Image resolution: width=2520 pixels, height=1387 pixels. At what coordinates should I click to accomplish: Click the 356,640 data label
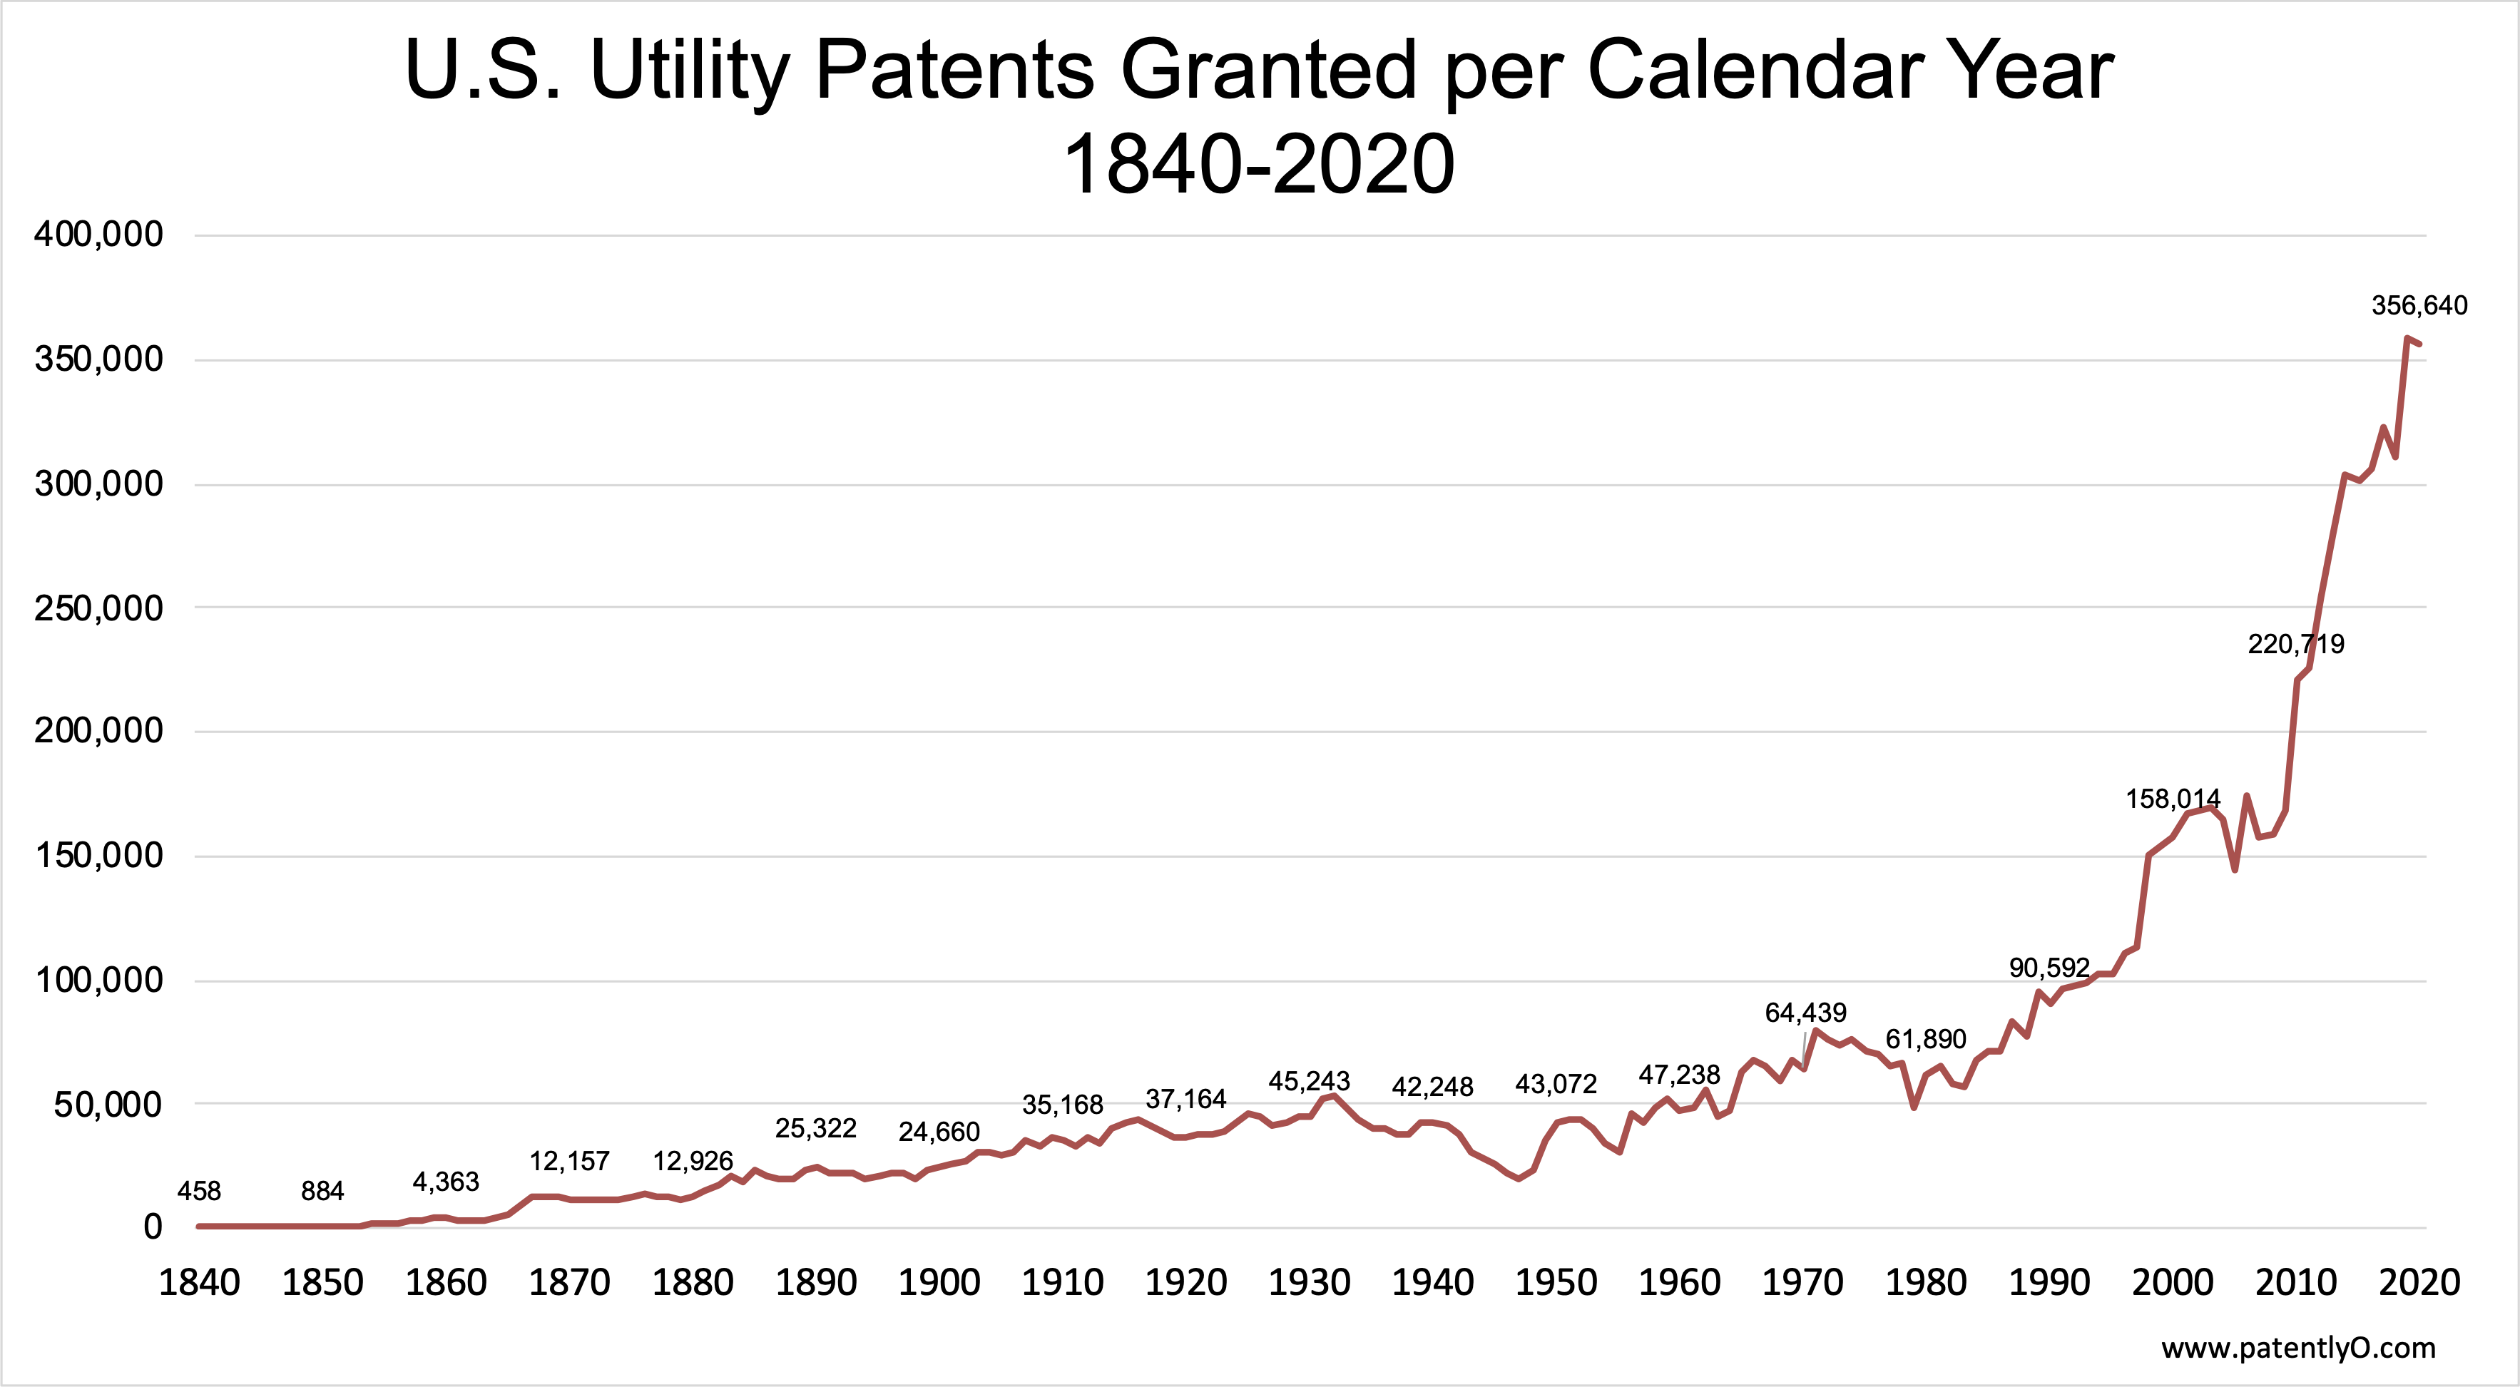2418,306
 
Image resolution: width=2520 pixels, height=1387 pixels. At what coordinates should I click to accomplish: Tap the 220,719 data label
2295,645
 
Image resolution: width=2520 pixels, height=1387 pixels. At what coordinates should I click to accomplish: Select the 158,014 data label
2173,799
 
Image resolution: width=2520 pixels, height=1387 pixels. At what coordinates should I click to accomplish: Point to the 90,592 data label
2049,968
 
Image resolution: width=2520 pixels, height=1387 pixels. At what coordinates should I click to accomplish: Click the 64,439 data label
1805,1013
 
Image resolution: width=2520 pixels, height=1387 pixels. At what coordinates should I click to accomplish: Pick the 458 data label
198,1192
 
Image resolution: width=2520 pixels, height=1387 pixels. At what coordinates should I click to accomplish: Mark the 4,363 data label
445,1182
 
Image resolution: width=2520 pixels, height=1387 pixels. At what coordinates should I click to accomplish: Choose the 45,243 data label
1309,1082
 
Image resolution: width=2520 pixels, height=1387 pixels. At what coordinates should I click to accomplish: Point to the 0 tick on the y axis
153,1227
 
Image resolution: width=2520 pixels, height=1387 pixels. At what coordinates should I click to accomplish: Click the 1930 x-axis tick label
1309,1282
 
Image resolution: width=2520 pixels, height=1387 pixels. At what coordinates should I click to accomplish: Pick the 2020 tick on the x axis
2418,1282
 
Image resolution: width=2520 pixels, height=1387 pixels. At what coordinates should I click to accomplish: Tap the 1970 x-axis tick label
1802,1282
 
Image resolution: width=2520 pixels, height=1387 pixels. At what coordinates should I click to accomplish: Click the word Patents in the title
954,71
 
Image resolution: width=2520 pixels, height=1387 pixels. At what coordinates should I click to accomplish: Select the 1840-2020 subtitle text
1259,164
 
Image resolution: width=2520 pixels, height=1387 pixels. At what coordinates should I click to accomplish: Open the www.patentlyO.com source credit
2298,1349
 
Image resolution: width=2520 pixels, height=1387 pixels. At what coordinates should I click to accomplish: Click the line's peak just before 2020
2407,339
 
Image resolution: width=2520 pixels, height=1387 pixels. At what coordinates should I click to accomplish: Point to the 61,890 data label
1925,1040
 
